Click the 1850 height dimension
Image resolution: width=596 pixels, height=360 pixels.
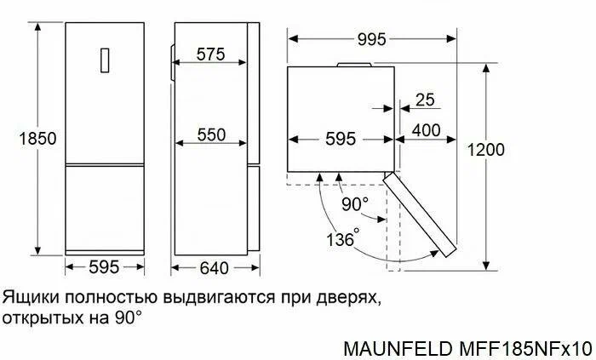click(37, 138)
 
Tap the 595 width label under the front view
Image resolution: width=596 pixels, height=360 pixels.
click(104, 267)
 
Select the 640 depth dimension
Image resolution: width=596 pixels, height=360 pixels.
click(215, 268)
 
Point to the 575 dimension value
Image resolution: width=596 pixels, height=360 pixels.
click(210, 54)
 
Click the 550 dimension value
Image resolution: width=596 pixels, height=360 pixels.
click(211, 134)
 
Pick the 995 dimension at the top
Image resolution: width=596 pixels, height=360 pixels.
click(371, 39)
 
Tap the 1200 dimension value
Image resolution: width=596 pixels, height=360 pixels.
click(486, 150)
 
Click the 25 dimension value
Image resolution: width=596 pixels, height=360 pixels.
click(425, 100)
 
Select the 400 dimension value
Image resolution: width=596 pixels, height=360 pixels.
click(426, 130)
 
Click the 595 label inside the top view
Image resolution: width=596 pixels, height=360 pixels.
click(341, 139)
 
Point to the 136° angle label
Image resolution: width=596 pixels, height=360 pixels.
click(343, 238)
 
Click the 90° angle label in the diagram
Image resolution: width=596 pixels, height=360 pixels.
click(355, 204)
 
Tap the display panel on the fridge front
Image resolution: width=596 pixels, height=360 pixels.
click(105, 60)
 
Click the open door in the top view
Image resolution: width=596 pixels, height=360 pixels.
click(420, 214)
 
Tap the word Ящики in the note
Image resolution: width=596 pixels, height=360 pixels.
click(31, 297)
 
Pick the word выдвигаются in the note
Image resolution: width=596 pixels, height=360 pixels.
click(219, 298)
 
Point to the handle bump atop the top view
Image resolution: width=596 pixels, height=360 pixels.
click(354, 65)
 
